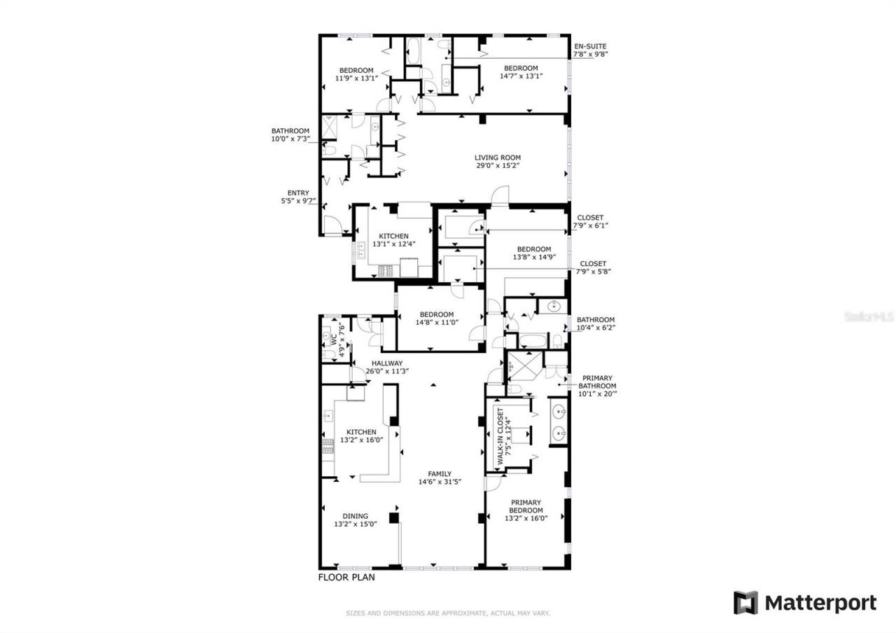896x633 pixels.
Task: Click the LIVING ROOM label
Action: click(x=498, y=158)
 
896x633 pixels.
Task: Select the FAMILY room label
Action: click(x=440, y=473)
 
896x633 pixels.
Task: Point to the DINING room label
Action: click(x=356, y=516)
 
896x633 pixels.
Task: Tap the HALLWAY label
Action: click(x=386, y=363)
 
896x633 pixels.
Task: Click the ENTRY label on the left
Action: click(x=298, y=193)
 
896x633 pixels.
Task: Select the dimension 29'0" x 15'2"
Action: click(x=498, y=166)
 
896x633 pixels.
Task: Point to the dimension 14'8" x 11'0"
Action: click(x=436, y=323)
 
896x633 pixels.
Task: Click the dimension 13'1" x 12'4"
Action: click(x=394, y=244)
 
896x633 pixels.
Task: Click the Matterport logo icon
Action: click(x=745, y=603)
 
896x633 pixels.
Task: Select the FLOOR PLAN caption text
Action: click(x=346, y=578)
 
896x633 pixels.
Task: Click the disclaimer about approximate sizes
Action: click(x=447, y=613)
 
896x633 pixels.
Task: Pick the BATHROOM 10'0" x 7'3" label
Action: click(x=290, y=134)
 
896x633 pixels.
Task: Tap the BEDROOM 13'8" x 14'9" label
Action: click(x=533, y=253)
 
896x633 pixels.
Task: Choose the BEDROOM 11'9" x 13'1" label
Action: click(x=356, y=74)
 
